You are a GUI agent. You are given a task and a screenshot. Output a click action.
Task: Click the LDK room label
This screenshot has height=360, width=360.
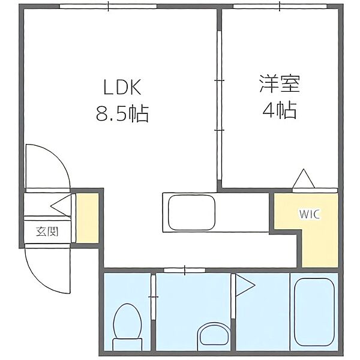coord(122,87)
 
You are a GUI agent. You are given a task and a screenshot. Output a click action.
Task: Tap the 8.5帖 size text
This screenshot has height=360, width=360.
coord(122,113)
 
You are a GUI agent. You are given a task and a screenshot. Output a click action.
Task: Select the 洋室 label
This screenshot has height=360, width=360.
coord(280,83)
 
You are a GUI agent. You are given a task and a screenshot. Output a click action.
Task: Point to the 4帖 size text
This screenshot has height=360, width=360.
coord(280,110)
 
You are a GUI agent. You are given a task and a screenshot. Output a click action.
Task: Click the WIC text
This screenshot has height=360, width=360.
coord(310,214)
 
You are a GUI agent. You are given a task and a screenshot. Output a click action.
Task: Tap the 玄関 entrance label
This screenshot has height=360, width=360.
coord(47,232)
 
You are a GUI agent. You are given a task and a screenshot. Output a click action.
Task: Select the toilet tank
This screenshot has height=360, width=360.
coord(127,344)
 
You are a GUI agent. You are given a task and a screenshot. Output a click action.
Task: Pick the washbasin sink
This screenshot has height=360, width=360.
coord(214,336)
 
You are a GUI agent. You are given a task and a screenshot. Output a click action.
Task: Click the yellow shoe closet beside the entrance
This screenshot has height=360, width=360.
coord(88,218)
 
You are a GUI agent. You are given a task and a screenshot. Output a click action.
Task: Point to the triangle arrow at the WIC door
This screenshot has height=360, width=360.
coord(304,179)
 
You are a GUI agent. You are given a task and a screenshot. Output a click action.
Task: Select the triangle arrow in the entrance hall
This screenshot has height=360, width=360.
coord(61,205)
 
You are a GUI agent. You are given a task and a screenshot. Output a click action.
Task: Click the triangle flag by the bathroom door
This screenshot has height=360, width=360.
coord(245,286)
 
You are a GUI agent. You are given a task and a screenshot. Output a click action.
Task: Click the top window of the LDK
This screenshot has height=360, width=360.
coord(109,7)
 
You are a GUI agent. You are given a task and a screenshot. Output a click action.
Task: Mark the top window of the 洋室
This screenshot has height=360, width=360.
coord(280,7)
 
